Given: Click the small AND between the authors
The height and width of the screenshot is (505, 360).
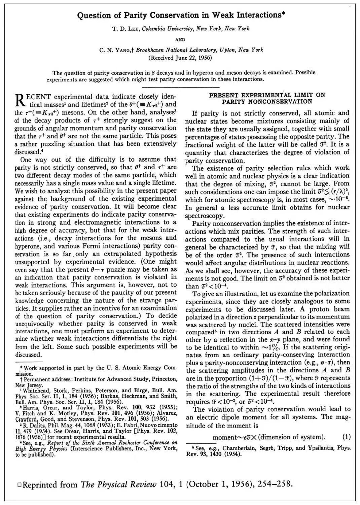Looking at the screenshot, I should (180, 39).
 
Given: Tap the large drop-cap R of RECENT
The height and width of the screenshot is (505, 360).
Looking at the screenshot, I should (20, 100).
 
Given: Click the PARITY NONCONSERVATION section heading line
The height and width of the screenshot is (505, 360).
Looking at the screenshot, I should (267, 101).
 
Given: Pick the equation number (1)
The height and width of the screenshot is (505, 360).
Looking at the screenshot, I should (346, 437).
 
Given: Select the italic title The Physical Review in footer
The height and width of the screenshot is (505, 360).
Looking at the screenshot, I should (118, 484).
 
